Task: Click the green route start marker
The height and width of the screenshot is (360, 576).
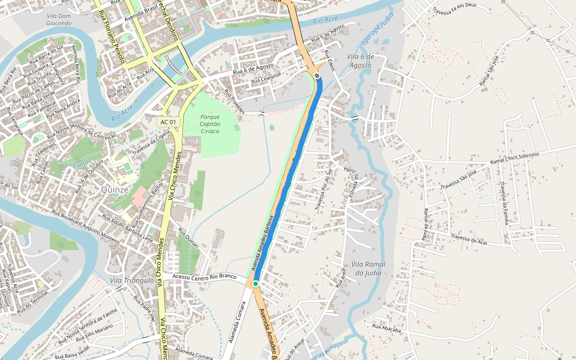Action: coord(255,283)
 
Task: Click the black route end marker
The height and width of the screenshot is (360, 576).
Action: coord(317,76)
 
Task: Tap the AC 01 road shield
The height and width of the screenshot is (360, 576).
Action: coord(169,122)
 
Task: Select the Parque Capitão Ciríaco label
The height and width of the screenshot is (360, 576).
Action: coord(211,124)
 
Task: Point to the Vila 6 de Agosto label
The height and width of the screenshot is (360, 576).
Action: coord(360,61)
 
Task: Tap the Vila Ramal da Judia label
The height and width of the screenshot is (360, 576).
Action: coord(368,268)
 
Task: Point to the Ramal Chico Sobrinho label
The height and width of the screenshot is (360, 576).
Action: coord(515,158)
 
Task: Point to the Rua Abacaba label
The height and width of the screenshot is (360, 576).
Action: coord(386,328)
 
